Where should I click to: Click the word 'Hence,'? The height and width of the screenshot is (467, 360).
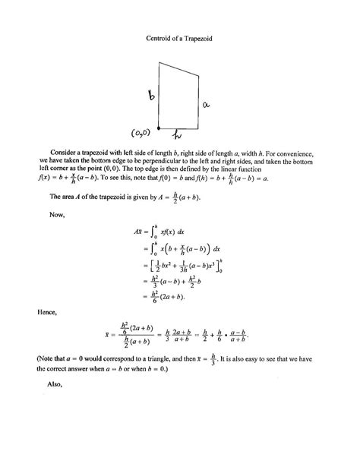click(47, 311)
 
